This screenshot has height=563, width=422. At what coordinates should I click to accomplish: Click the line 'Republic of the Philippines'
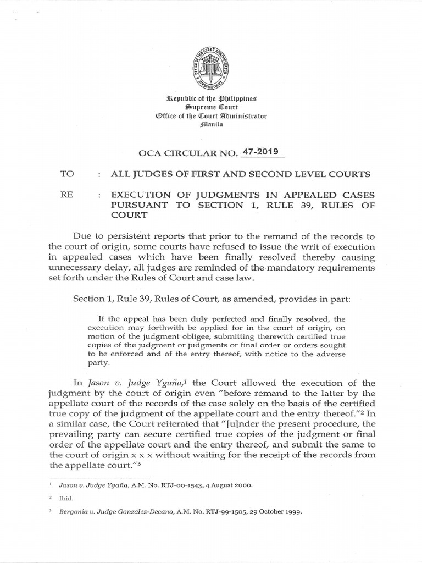(x=211, y=98)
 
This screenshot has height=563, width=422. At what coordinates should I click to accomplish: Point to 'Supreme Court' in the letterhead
(x=211, y=107)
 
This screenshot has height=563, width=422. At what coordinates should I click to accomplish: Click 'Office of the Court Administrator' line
(x=211, y=115)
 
